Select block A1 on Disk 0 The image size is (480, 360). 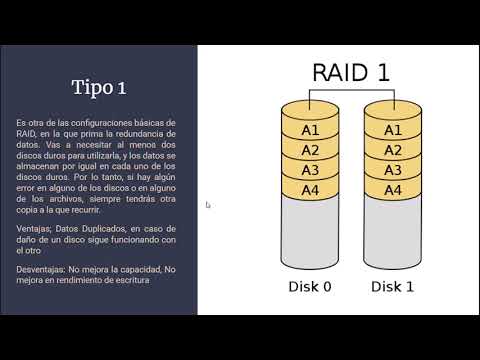(x=311, y=130)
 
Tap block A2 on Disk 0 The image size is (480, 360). (x=311, y=150)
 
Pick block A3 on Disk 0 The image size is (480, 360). (x=311, y=170)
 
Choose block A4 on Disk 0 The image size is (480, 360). (x=311, y=190)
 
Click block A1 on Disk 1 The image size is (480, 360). (x=393, y=130)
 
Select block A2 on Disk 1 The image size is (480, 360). (x=393, y=150)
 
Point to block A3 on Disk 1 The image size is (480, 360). (x=393, y=170)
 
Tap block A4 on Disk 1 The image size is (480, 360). (x=393, y=190)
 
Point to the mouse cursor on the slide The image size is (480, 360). (x=208, y=205)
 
